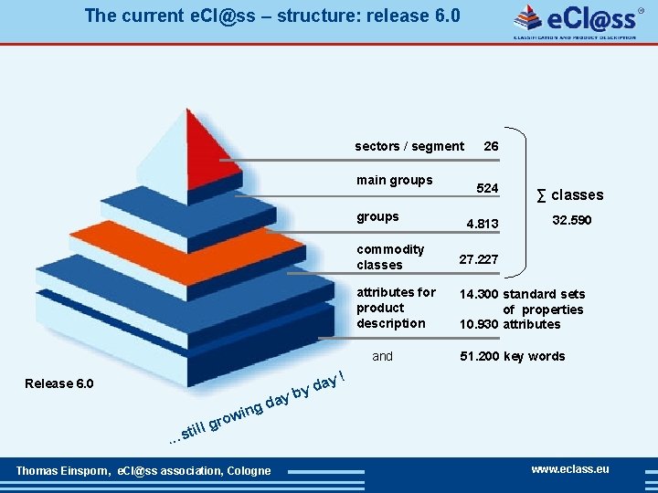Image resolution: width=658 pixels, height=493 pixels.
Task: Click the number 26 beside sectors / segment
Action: tap(491, 146)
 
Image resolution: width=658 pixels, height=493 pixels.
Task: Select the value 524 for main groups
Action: tap(488, 188)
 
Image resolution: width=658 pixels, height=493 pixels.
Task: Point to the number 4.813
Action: tap(483, 224)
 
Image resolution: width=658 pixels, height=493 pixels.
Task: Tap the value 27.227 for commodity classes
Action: tap(479, 259)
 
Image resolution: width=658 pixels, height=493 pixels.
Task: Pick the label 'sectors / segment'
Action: tap(409, 146)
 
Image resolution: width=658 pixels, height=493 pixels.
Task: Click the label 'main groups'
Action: tap(395, 180)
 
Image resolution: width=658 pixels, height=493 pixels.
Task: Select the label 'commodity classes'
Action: tap(391, 257)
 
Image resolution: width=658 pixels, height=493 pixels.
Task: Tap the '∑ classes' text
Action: tap(569, 194)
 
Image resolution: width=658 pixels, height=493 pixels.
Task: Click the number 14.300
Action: tap(479, 294)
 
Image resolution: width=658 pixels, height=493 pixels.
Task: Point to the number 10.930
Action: tap(479, 324)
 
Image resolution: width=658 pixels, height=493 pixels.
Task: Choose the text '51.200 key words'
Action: tap(512, 356)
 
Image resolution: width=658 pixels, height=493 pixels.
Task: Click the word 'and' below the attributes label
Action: tap(383, 356)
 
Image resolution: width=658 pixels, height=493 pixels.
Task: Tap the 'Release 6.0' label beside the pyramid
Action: tap(59, 383)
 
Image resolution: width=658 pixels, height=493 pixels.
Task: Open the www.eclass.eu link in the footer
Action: tap(570, 469)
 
